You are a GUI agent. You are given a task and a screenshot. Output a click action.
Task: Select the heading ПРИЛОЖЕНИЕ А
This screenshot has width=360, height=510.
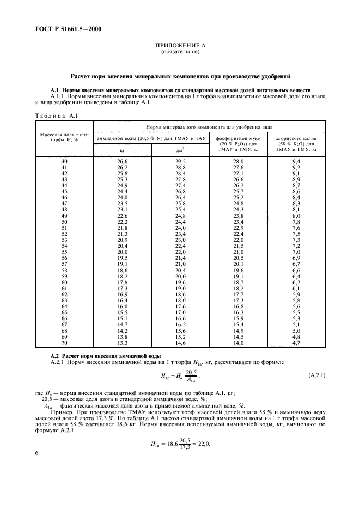[x=180, y=47]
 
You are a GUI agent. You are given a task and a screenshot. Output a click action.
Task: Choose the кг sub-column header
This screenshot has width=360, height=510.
[x=123, y=149]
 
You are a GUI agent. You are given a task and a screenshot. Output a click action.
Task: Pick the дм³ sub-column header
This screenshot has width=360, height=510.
[x=180, y=149]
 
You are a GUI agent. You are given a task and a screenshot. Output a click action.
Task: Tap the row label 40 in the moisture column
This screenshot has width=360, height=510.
[x=64, y=162]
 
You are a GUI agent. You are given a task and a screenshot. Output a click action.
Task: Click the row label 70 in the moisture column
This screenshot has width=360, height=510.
[x=64, y=343]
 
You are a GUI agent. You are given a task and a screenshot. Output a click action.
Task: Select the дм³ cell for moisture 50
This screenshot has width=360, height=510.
[x=180, y=222]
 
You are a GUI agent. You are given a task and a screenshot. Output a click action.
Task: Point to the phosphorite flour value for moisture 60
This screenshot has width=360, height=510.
[x=239, y=283]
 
